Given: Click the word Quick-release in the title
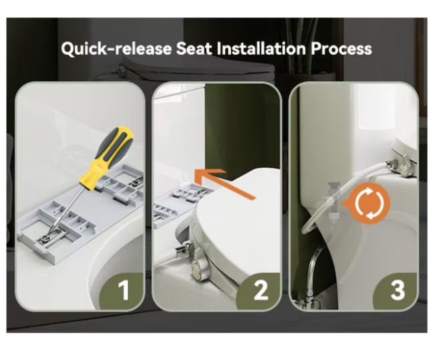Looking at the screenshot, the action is tap(116, 49).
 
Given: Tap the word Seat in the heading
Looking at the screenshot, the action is tap(194, 48).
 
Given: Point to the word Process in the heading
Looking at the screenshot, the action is tap(341, 48).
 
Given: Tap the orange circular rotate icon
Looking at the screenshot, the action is tap(369, 203).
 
